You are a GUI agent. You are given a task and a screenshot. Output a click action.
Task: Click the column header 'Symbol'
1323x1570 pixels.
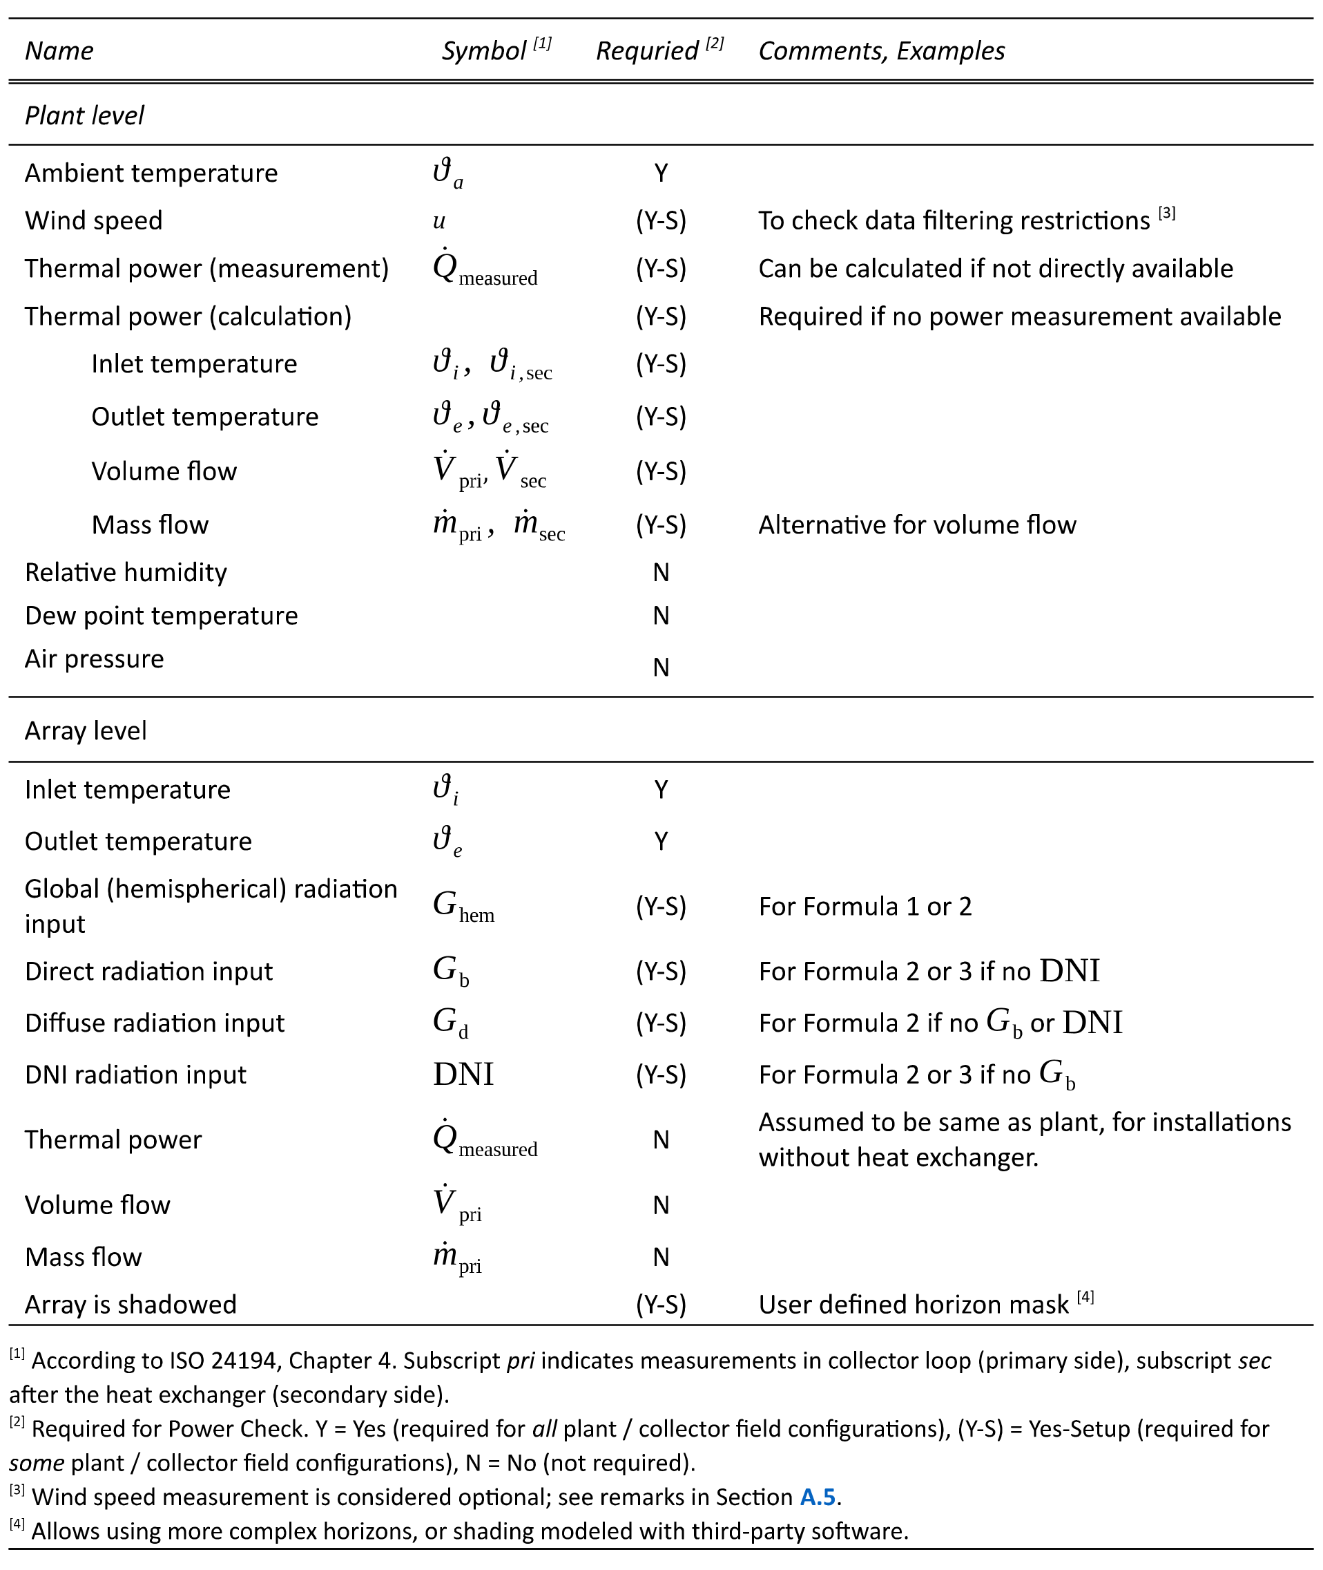tap(484, 51)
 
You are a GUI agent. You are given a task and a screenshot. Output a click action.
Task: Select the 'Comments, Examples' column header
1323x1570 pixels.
tap(881, 51)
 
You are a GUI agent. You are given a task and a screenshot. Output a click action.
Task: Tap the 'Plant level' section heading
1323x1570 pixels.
tap(85, 115)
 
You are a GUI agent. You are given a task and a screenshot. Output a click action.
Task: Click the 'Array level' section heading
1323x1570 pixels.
tap(86, 731)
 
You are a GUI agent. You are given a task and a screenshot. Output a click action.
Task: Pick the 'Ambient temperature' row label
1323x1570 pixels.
tap(151, 173)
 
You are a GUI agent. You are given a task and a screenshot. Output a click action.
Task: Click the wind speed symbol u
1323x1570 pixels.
tap(439, 220)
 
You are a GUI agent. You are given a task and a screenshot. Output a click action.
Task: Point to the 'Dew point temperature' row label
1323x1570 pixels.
tap(162, 616)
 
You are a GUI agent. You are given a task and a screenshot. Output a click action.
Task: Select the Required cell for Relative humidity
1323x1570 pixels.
tap(661, 574)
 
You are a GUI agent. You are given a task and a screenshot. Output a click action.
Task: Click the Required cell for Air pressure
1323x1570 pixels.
tap(661, 667)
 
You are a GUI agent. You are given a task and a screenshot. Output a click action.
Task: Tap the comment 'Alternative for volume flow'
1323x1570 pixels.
tap(917, 525)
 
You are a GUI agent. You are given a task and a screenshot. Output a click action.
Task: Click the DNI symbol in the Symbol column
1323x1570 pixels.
tap(463, 1075)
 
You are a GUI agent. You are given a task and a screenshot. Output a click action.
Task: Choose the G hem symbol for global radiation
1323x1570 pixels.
tap(463, 907)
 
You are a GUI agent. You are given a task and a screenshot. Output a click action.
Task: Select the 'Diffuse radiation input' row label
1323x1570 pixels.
tap(155, 1023)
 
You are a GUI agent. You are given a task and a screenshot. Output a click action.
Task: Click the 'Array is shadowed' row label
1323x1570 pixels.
tap(131, 1305)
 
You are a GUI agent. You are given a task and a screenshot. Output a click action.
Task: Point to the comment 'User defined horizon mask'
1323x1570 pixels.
tap(914, 1305)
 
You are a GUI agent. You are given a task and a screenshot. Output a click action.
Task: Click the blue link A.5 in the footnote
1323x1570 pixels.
tap(818, 1497)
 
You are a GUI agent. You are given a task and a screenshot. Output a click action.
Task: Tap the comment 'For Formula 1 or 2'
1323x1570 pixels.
tap(865, 907)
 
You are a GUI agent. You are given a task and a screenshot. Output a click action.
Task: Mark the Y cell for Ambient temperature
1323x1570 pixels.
tap(661, 173)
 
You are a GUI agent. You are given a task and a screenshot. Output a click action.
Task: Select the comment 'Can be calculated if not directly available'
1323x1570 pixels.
tap(996, 269)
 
